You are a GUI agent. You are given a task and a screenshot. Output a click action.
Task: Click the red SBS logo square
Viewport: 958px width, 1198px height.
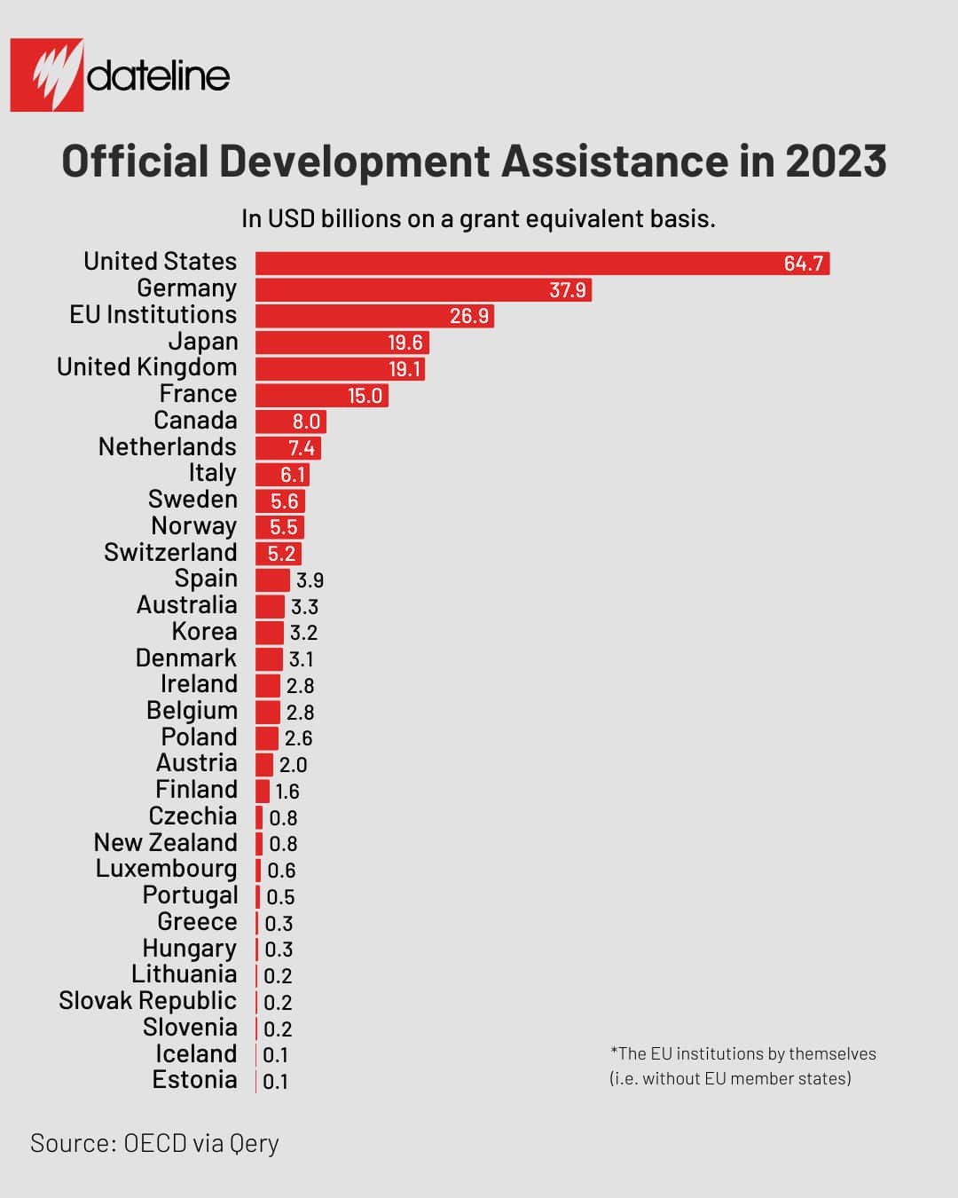pyautogui.click(x=47, y=75)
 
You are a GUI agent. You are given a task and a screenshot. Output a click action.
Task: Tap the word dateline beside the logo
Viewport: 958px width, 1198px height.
pyautogui.click(x=158, y=76)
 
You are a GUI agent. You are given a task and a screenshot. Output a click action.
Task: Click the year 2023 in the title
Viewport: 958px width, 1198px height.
pyautogui.click(x=835, y=162)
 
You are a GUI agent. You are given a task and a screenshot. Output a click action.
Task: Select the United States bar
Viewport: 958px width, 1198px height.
pyautogui.click(x=542, y=264)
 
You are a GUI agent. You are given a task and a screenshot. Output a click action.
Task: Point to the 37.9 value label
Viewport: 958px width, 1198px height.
pyautogui.click(x=567, y=290)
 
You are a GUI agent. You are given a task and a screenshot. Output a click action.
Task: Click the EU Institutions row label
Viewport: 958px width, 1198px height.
pyautogui.click(x=153, y=315)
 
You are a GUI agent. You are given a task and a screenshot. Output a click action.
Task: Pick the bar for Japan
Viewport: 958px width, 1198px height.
pyautogui.click(x=342, y=343)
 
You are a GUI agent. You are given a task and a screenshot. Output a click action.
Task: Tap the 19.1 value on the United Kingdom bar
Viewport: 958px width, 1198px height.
pyautogui.click(x=404, y=369)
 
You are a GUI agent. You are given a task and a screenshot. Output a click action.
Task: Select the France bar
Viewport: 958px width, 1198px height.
pyautogui.click(x=321, y=395)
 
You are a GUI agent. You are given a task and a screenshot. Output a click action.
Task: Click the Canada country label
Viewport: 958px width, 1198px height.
pyautogui.click(x=195, y=421)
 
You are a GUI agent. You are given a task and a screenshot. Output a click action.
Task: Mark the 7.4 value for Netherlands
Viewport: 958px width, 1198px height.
pyautogui.click(x=301, y=448)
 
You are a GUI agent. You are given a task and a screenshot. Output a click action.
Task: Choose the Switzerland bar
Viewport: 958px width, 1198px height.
pyautogui.click(x=279, y=554)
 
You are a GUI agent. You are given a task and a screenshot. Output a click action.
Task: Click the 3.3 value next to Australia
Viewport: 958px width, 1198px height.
pyautogui.click(x=304, y=607)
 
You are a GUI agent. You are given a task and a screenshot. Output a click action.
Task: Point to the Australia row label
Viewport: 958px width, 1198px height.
pyautogui.click(x=186, y=605)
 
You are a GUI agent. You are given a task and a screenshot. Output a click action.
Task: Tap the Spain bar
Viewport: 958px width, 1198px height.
pyautogui.click(x=272, y=580)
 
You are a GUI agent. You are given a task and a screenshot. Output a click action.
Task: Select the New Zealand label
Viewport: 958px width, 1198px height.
pyautogui.click(x=165, y=843)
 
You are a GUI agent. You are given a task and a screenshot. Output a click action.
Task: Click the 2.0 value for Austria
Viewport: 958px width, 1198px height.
pyautogui.click(x=293, y=765)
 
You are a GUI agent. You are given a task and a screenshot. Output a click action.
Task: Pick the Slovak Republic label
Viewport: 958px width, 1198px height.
pyautogui.click(x=147, y=1001)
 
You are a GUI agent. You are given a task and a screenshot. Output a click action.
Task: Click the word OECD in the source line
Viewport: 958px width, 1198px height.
pyautogui.click(x=155, y=1143)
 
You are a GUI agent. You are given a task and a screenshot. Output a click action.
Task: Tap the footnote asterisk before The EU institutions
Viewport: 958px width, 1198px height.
pyautogui.click(x=613, y=1052)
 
